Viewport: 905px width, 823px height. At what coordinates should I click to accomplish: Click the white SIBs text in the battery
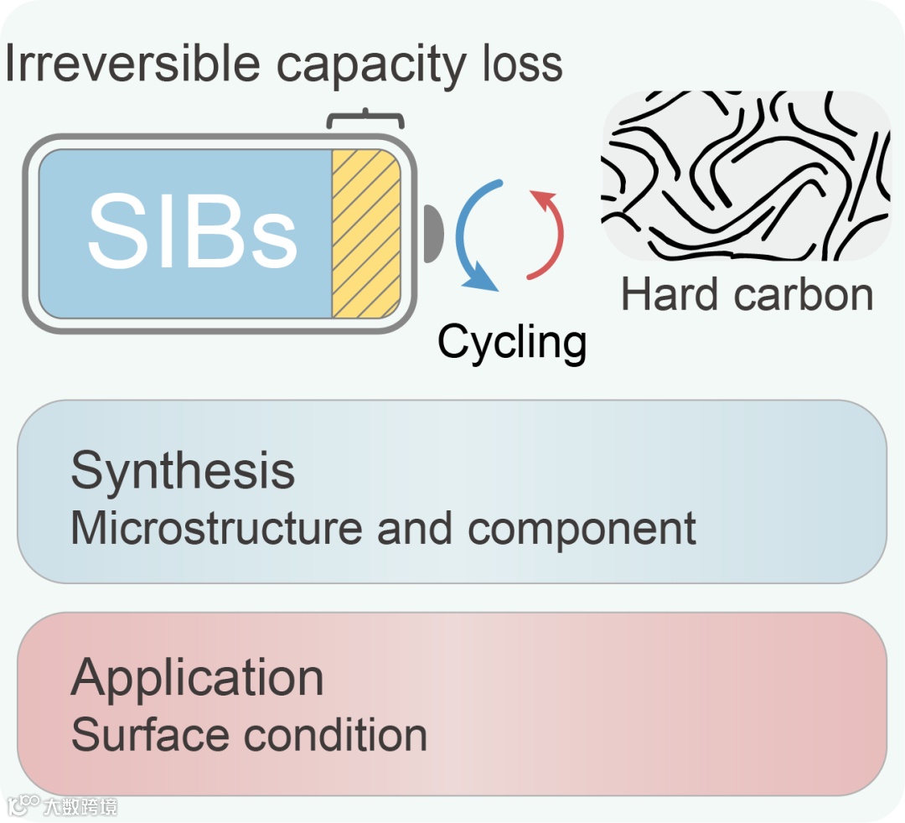pos(192,230)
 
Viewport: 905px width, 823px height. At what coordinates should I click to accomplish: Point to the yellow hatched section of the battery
pos(366,234)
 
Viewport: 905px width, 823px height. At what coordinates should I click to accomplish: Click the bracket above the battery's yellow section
pos(365,120)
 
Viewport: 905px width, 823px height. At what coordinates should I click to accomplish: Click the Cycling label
pos(512,342)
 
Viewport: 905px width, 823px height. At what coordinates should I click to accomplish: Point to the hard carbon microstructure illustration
pos(746,176)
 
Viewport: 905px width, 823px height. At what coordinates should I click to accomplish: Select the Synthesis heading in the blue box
pos(183,472)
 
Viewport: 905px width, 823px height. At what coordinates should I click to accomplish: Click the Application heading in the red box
pos(197,678)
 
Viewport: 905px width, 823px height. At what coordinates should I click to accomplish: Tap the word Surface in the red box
pos(151,734)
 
